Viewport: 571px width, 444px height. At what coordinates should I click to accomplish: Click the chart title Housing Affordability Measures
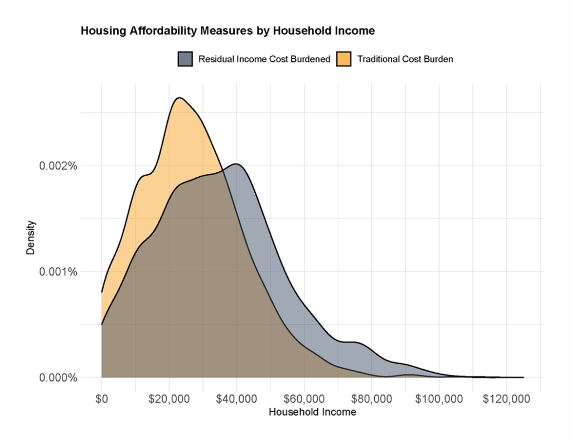coord(228,31)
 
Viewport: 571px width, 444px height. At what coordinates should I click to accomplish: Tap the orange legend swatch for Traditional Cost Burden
coord(344,59)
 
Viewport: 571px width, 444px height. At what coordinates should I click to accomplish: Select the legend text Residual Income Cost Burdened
coord(264,59)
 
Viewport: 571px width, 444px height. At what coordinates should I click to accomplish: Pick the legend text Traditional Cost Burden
coord(405,59)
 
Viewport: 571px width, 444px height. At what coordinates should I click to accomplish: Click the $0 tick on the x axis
coord(101,399)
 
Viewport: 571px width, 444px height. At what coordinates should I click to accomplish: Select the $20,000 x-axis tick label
coord(170,399)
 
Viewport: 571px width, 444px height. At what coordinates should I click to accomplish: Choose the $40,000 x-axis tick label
coord(237,399)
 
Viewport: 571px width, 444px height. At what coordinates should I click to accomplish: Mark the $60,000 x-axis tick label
coord(304,399)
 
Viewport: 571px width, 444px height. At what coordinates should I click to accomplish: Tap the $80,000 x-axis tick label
coord(372,399)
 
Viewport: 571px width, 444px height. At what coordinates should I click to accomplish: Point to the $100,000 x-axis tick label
coord(439,399)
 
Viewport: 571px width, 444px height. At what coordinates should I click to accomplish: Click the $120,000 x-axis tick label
coord(507,399)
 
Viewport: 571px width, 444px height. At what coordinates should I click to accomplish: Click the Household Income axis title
coord(312,413)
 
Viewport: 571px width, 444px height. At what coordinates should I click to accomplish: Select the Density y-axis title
coord(31,238)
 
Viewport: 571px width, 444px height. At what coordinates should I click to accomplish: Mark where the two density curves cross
coord(222,169)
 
